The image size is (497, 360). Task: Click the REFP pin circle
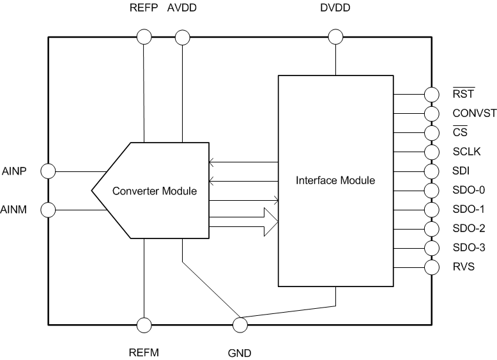point(144,37)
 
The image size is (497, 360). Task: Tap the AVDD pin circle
point(183,37)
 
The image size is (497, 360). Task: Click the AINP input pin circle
point(48,171)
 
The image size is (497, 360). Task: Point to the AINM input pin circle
point(48,209)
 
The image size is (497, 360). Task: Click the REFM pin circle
point(144,324)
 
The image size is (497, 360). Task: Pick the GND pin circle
point(240,324)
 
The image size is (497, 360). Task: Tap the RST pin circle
point(432,95)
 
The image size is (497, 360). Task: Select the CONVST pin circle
point(432,114)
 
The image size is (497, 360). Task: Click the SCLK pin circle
point(432,152)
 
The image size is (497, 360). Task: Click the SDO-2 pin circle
point(432,228)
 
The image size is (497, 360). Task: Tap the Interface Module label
point(335,180)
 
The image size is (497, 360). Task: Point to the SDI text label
point(461,171)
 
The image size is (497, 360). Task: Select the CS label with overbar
point(459,133)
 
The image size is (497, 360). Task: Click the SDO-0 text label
point(468,191)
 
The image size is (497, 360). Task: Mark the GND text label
point(240,352)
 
